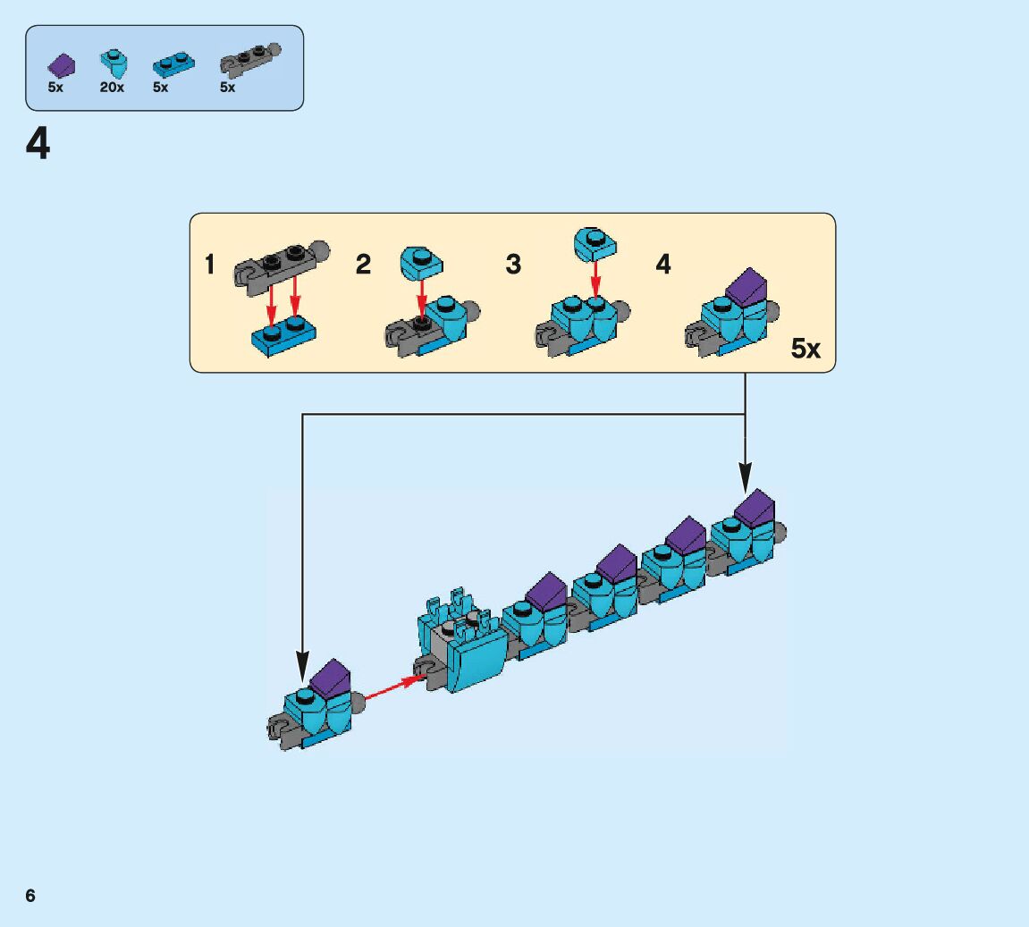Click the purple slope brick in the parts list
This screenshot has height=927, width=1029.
coord(61,64)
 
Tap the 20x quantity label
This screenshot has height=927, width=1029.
coord(112,88)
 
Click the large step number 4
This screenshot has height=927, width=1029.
coord(38,144)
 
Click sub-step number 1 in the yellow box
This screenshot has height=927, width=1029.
coord(210,265)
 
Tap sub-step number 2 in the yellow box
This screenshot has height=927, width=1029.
coord(363,265)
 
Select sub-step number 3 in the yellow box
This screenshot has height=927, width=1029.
coord(513,265)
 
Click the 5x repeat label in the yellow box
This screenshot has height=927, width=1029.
coord(805,349)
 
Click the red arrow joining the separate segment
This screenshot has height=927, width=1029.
coord(392,687)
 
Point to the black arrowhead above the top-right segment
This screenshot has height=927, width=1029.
coord(745,476)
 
